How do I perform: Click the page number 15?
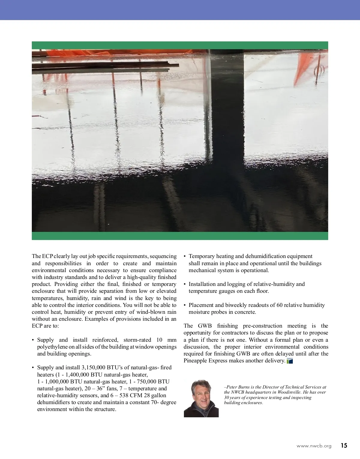coord(344,445)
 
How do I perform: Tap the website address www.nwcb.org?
coord(314,446)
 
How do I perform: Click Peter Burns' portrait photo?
coord(201,398)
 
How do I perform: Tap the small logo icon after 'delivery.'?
coord(290,361)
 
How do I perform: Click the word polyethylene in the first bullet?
coord(54,347)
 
